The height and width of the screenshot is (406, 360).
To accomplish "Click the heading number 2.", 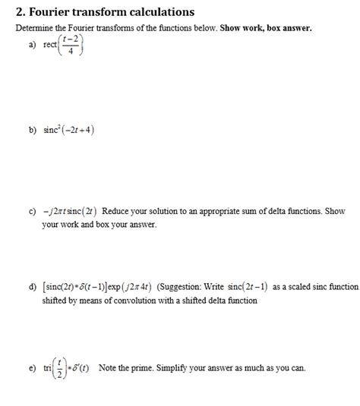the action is click(19, 12).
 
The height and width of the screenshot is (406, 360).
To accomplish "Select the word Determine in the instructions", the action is click(36, 27).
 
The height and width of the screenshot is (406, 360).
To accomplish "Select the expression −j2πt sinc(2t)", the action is click(69, 211).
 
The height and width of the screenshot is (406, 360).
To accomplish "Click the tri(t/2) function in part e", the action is click(54, 369).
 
